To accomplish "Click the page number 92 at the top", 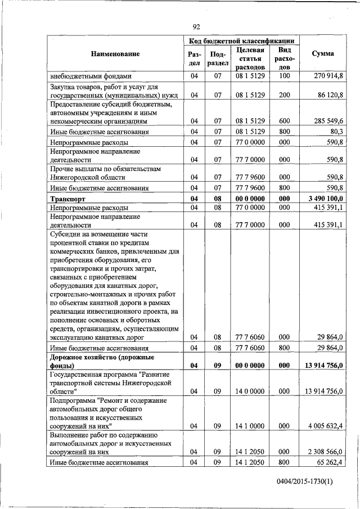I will click(196, 26).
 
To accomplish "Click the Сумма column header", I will click(322, 54).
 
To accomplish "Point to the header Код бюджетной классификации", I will click(241, 41).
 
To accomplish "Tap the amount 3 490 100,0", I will click(325, 199).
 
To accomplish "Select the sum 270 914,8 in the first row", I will click(330, 76).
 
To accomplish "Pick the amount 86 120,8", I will click(332, 95).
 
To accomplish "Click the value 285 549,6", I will click(330, 121).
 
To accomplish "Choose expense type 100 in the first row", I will click(283, 76).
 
